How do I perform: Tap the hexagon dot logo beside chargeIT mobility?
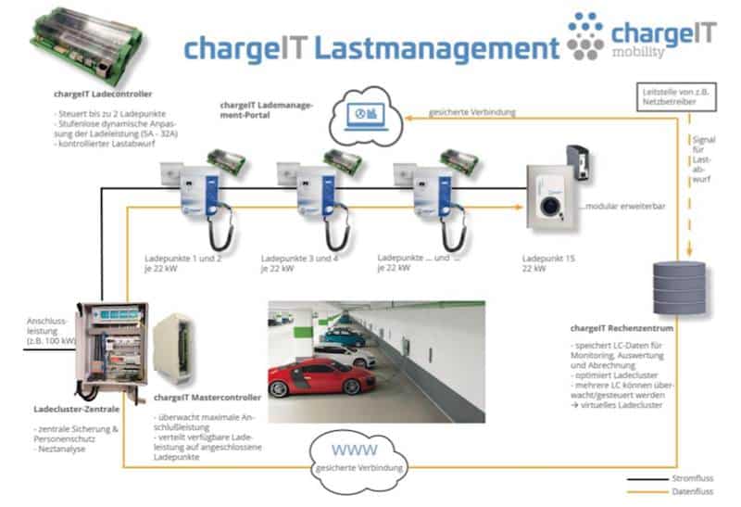tap(585, 37)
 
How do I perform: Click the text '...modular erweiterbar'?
tap(617, 205)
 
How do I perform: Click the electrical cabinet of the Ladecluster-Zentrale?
tap(110, 349)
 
